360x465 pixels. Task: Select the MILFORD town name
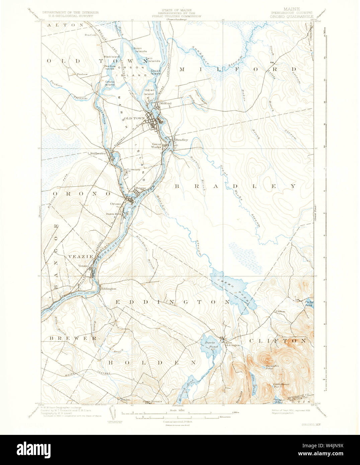point(238,69)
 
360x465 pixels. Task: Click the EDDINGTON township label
point(172,302)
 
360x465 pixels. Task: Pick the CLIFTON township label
point(278,341)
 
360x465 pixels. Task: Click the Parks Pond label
point(309,304)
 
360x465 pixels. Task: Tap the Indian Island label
point(149,92)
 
